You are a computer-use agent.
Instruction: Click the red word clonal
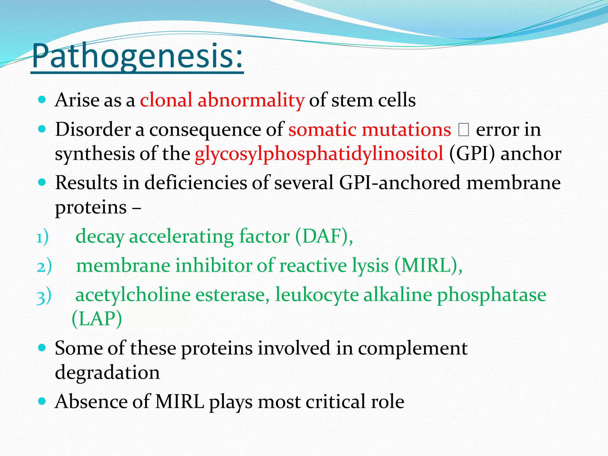pyautogui.click(x=166, y=100)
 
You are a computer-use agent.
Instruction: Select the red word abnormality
pyautogui.click(x=251, y=100)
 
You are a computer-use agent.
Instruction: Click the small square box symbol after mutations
pyautogui.click(x=463, y=130)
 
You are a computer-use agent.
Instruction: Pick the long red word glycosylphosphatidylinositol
pyautogui.click(x=319, y=154)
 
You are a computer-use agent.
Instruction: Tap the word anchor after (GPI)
pyautogui.click(x=531, y=154)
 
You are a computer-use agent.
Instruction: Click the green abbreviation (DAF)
pyautogui.click(x=324, y=237)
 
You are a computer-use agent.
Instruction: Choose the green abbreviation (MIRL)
pyautogui.click(x=428, y=266)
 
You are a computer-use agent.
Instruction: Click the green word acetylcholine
pyautogui.click(x=133, y=295)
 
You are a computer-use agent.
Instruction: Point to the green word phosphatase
pyautogui.click(x=491, y=295)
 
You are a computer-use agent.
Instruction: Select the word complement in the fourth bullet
pyautogui.click(x=413, y=348)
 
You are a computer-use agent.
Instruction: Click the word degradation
pyautogui.click(x=107, y=373)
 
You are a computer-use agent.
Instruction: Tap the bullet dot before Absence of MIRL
pyautogui.click(x=42, y=401)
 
